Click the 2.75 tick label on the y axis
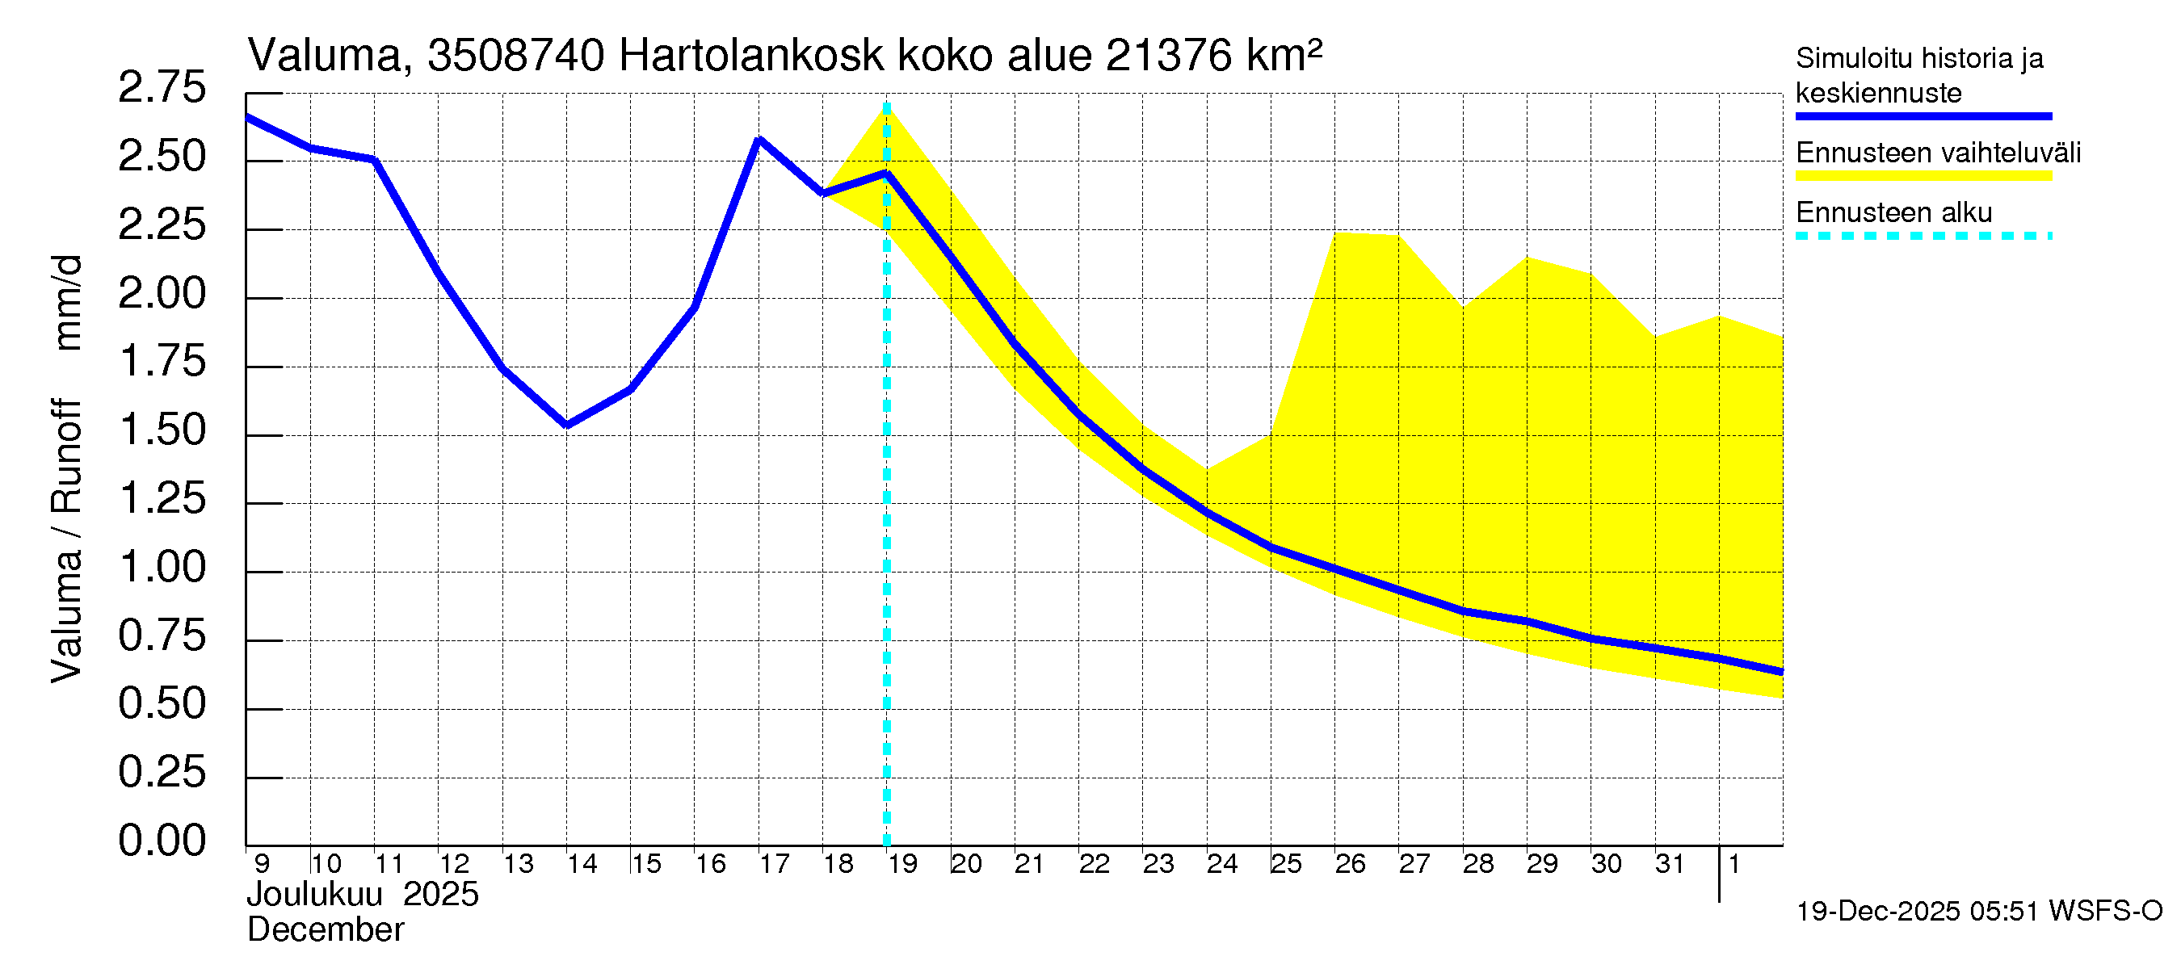[162, 88]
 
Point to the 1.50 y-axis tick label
[162, 430]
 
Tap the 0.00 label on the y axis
[162, 841]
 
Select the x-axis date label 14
[582, 864]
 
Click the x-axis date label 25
[1285, 864]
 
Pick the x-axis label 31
[1670, 864]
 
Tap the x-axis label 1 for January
[1734, 864]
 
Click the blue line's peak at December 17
[759, 140]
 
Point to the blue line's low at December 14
[566, 425]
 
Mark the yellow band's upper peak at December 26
[1336, 233]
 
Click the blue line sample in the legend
[1923, 116]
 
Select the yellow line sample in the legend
[1923, 176]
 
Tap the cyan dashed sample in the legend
[1923, 236]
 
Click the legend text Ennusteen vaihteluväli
[1938, 153]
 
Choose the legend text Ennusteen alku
[1893, 212]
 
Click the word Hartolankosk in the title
[751, 57]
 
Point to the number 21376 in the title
[1167, 57]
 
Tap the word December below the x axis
[325, 930]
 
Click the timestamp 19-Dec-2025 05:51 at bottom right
[1918, 912]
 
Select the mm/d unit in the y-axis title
[68, 302]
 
